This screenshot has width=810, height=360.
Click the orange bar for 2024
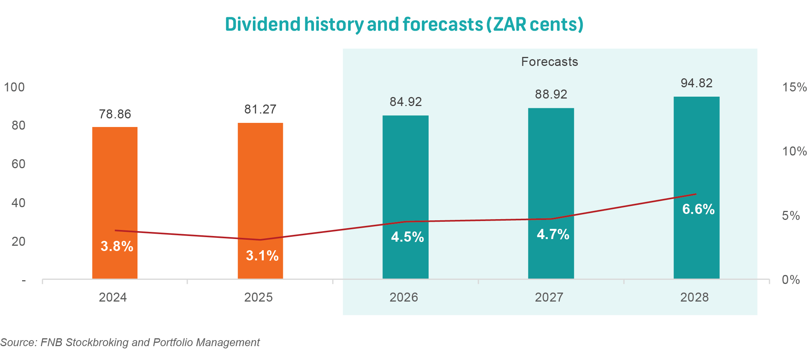pyautogui.click(x=115, y=187)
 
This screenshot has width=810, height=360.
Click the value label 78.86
pyautogui.click(x=115, y=114)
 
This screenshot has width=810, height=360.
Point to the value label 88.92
pyautogui.click(x=551, y=94)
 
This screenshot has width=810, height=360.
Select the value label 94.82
pyautogui.click(x=696, y=83)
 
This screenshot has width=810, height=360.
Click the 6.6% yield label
pyautogui.click(x=698, y=209)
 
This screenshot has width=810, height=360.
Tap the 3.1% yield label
pyautogui.click(x=262, y=256)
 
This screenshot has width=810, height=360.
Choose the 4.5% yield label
pyautogui.click(x=407, y=237)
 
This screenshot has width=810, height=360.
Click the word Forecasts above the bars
pyautogui.click(x=549, y=62)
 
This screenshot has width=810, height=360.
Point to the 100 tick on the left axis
pyautogui.click(x=14, y=87)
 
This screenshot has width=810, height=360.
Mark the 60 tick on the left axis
pyautogui.click(x=18, y=164)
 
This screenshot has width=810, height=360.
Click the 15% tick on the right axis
pyautogui.click(x=794, y=87)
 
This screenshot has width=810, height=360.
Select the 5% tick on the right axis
pyautogui.click(x=791, y=216)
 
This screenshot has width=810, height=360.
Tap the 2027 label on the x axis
pyautogui.click(x=549, y=297)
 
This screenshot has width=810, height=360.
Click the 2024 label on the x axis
pyautogui.click(x=113, y=297)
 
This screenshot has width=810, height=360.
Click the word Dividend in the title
pyautogui.click(x=263, y=24)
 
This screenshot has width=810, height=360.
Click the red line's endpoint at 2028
pyautogui.click(x=696, y=194)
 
